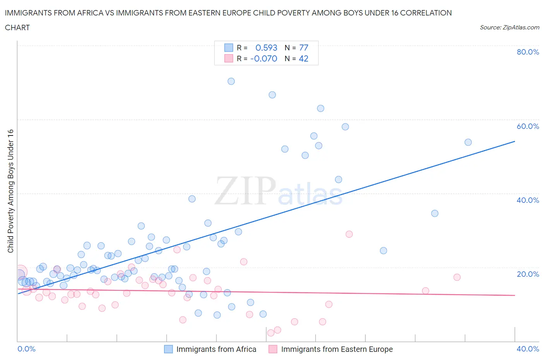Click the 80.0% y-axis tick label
(x=528, y=52)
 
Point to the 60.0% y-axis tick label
(x=528, y=126)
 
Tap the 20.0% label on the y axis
(x=528, y=274)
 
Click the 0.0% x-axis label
(x=26, y=349)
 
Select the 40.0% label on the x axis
(x=528, y=349)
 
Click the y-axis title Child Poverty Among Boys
(x=10, y=191)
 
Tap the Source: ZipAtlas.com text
(x=509, y=27)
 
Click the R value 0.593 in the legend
(x=266, y=48)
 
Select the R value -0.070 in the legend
(x=264, y=58)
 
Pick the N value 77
(x=304, y=48)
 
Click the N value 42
(x=304, y=58)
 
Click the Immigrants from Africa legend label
(x=216, y=349)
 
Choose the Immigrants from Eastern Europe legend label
(x=337, y=349)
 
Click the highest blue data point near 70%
(x=231, y=81)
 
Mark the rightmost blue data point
(x=468, y=142)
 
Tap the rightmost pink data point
(x=457, y=277)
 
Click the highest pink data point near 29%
(x=349, y=234)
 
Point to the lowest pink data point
(x=271, y=333)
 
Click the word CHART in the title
(x=17, y=27)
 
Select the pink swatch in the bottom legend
(x=273, y=349)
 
